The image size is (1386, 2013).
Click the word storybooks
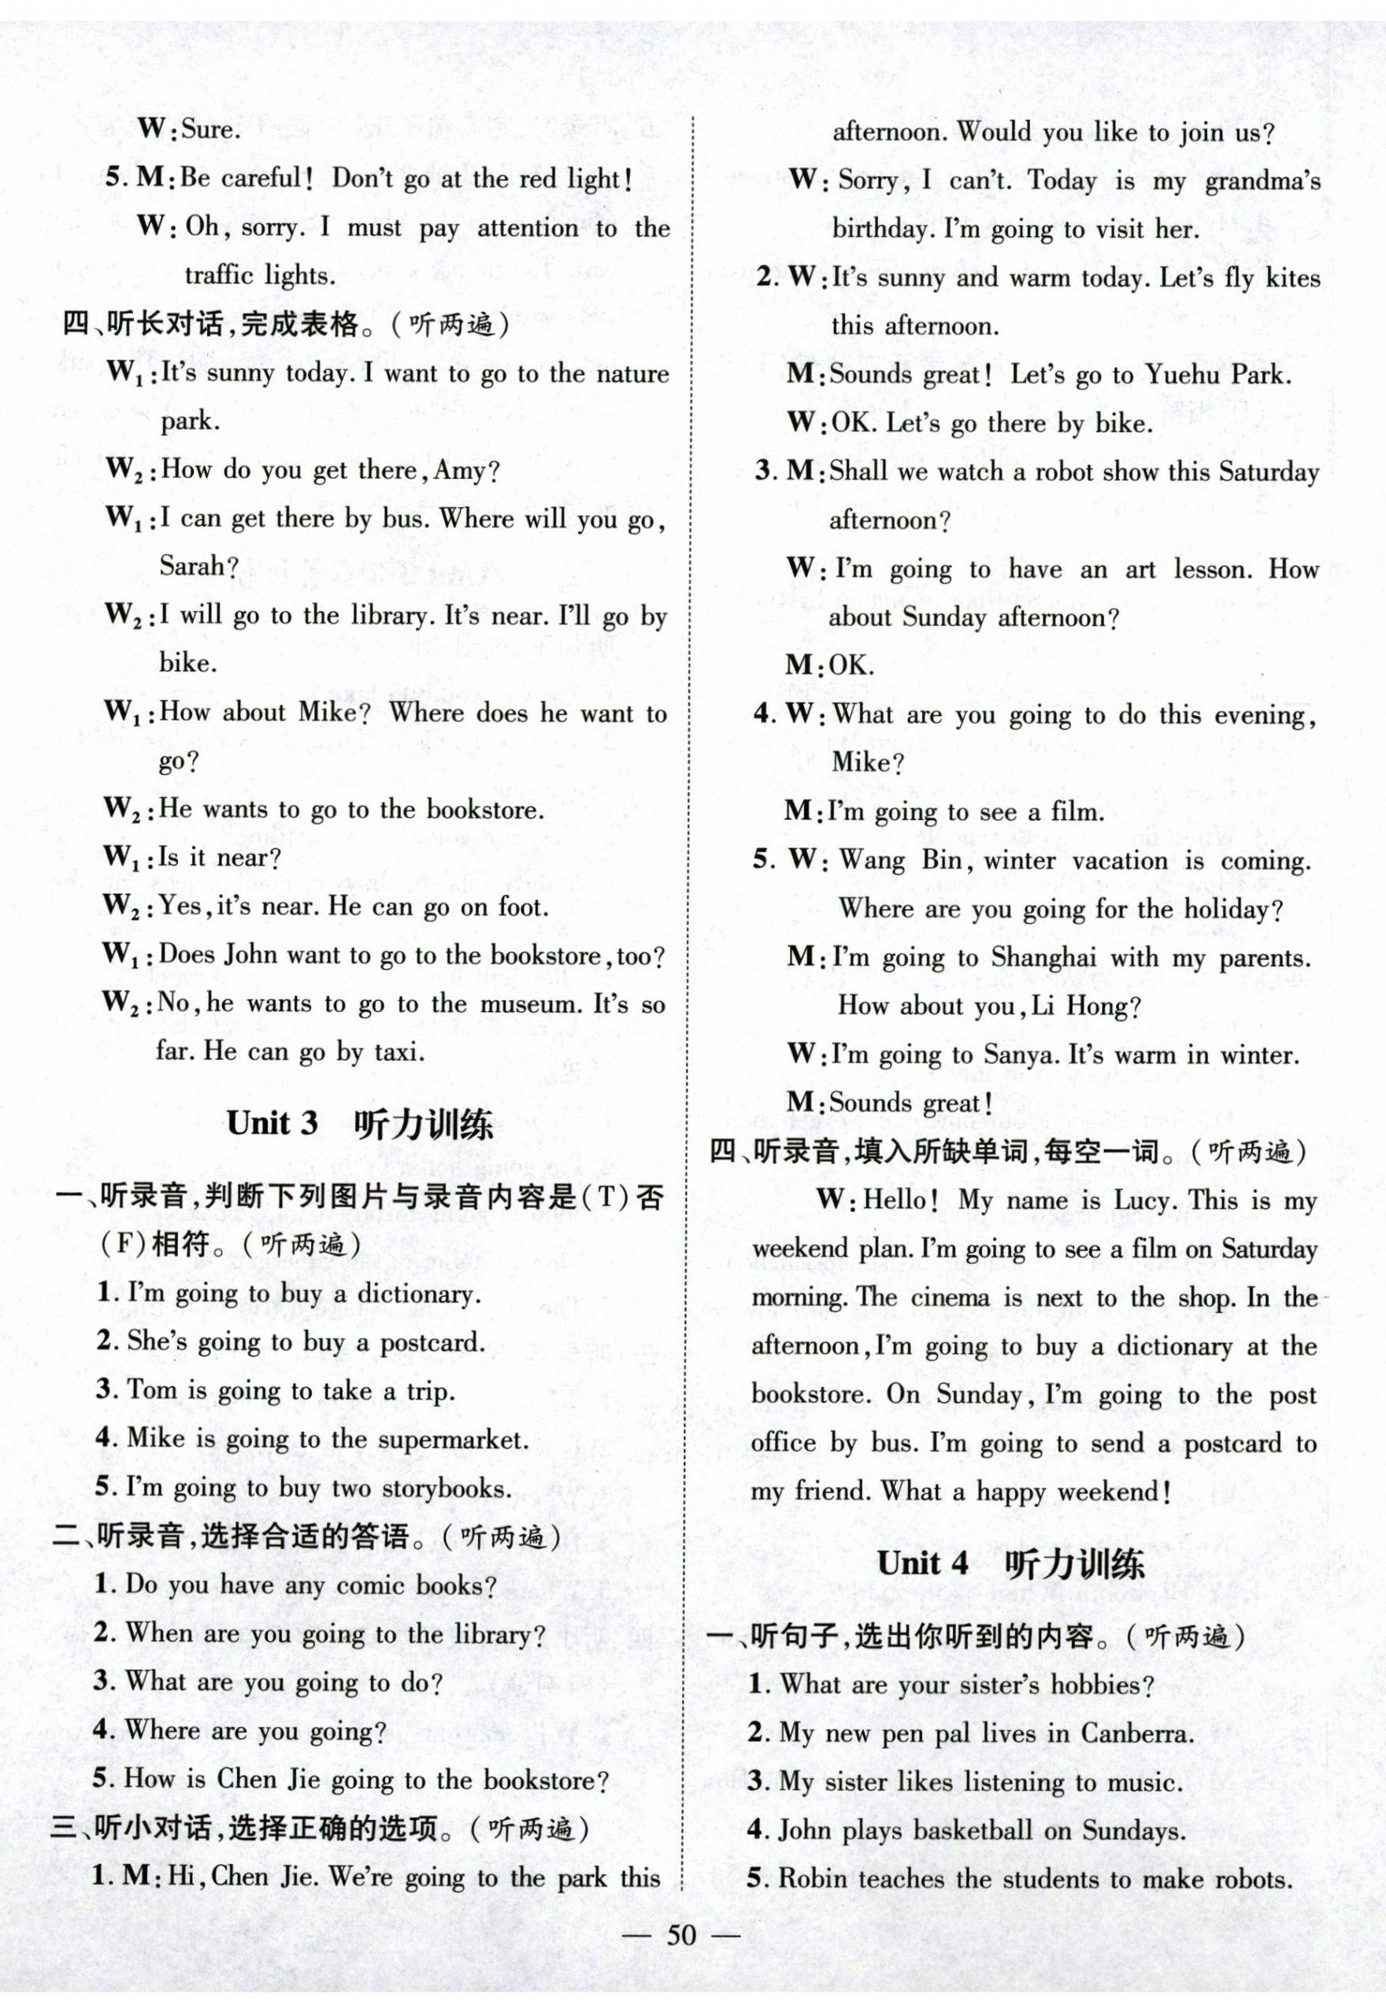pos(446,1488)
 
